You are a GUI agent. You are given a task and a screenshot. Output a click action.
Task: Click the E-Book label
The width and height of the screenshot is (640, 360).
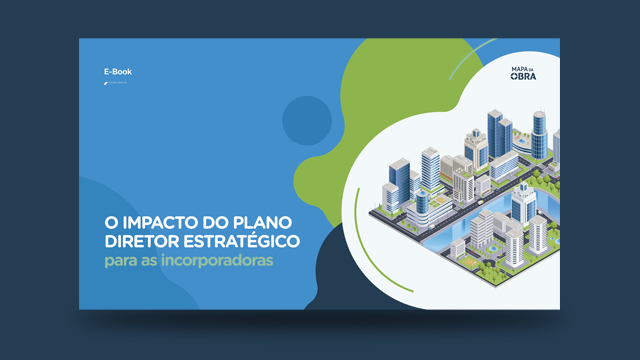point(117,72)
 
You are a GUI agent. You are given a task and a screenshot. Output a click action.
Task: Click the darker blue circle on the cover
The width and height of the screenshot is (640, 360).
point(306,121)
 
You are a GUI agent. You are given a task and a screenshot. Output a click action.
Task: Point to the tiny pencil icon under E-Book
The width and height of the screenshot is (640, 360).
point(105,84)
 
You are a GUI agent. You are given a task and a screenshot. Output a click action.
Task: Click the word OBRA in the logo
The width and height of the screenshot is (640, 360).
point(524,80)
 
